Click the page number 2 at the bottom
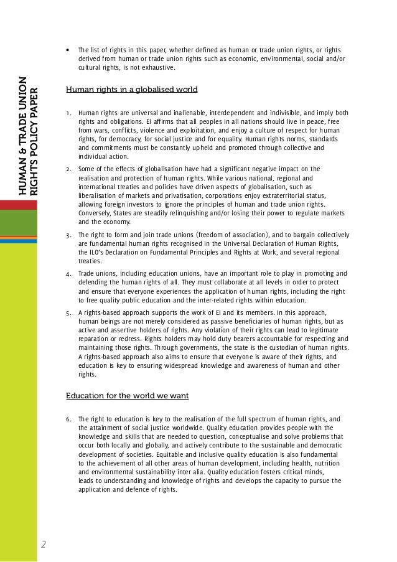[44, 545]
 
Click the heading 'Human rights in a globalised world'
[131, 90]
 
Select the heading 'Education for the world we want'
[128, 396]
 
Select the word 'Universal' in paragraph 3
[243, 244]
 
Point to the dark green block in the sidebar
[19, 223]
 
